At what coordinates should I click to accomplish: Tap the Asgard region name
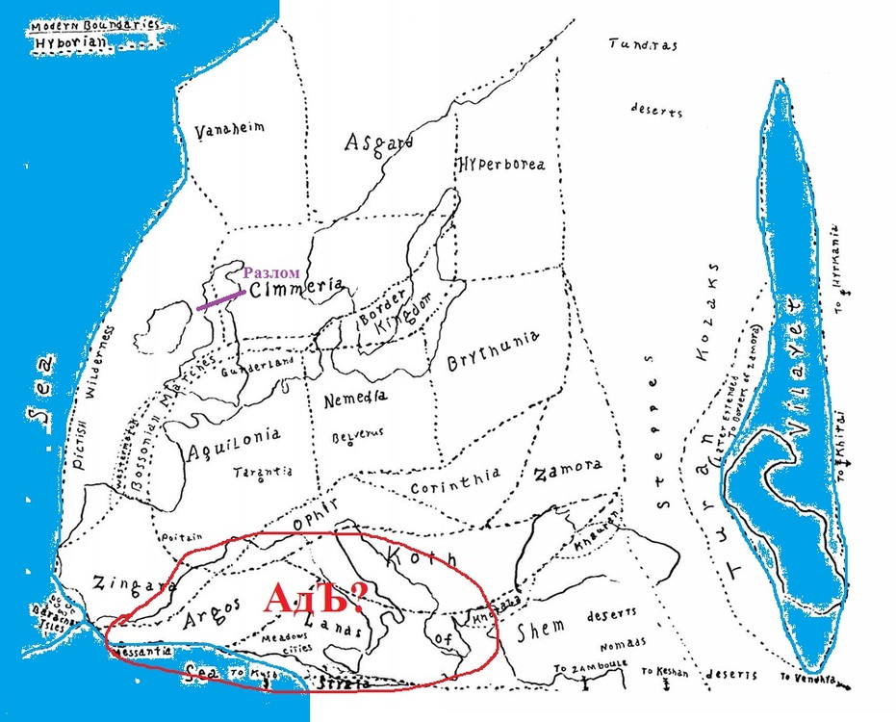378,142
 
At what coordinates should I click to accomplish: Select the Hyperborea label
501,164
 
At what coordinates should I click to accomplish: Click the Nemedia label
355,396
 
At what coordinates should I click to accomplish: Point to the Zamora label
568,469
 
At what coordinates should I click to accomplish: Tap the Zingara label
120,582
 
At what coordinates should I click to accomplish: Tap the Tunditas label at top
645,44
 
